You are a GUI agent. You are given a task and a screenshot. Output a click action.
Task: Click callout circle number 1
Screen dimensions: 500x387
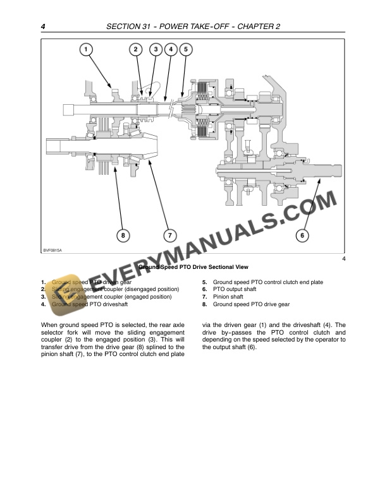[x=86, y=49]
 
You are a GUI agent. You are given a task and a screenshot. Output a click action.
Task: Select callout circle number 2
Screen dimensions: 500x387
[x=136, y=49]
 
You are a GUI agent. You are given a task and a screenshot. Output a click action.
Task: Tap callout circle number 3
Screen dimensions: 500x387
[x=155, y=49]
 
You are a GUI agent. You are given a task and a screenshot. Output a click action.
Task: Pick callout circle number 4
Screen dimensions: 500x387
[x=170, y=49]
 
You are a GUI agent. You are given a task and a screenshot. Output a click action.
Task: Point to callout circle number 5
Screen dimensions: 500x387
[x=185, y=49]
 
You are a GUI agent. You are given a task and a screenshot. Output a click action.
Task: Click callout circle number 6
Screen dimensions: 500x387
[x=302, y=235]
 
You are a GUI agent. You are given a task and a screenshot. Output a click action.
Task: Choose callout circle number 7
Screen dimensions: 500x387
[x=169, y=235]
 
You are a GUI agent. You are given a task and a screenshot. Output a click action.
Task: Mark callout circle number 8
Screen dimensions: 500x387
[x=123, y=235]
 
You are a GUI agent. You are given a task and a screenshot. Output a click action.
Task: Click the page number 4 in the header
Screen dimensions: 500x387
[x=42, y=27]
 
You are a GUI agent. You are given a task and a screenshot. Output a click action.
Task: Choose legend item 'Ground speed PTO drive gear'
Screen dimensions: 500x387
[x=251, y=304]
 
